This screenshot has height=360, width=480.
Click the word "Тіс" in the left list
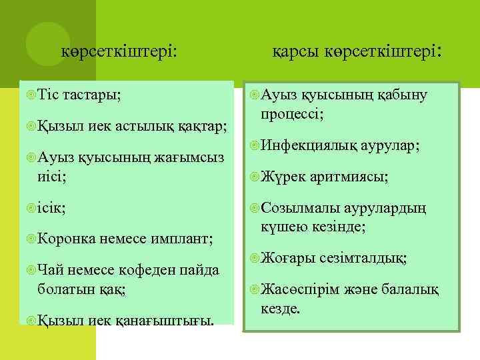pyautogui.click(x=49, y=95)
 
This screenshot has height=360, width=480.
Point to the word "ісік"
pyautogui.click(x=53, y=207)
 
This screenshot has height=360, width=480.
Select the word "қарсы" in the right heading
pyautogui.click(x=297, y=51)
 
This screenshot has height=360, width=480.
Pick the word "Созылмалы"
pyautogui.click(x=300, y=207)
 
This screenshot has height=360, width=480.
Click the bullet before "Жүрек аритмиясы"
pyautogui.click(x=253, y=177)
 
